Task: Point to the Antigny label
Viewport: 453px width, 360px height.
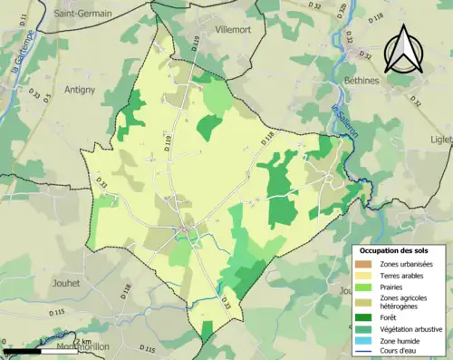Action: pos(82,89)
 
